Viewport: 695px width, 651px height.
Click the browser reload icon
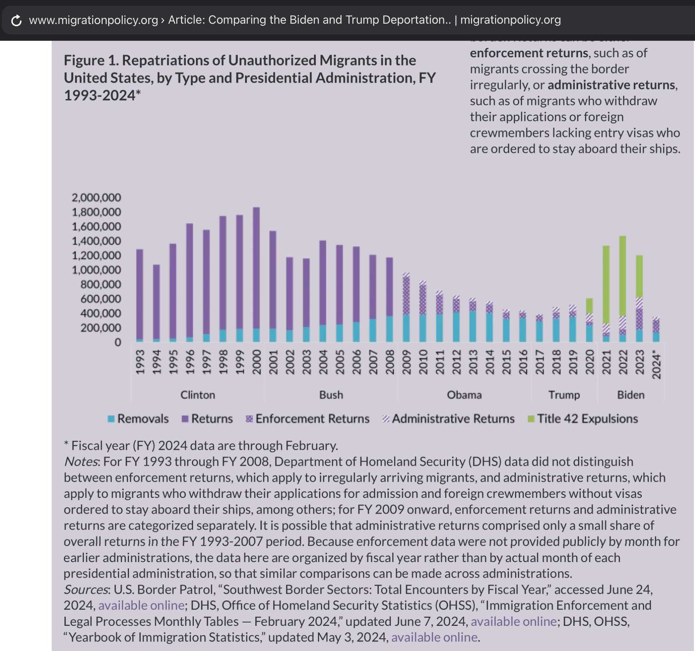pyautogui.click(x=16, y=20)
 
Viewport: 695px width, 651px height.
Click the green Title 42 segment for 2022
pyautogui.click(x=623, y=276)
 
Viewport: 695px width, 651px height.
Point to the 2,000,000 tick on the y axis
pyautogui.click(x=96, y=198)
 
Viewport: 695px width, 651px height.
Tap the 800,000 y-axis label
pyautogui.click(x=101, y=284)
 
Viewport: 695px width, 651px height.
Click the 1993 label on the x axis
pyautogui.click(x=140, y=362)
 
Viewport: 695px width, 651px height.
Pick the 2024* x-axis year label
pyautogui.click(x=656, y=365)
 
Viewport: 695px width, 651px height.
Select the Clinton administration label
pyautogui.click(x=198, y=395)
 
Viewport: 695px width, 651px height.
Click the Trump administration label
pyautogui.click(x=564, y=395)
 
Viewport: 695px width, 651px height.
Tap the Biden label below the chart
pyautogui.click(x=631, y=395)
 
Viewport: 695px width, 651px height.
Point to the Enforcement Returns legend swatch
pyautogui.click(x=249, y=419)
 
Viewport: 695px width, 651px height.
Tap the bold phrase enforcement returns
pyautogui.click(x=529, y=53)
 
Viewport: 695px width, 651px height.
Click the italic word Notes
pyautogui.click(x=81, y=462)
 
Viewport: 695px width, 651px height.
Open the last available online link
pyautogui.click(x=434, y=637)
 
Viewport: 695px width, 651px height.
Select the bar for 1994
pyautogui.click(x=156, y=303)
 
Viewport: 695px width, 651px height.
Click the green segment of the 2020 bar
pyautogui.click(x=589, y=305)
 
